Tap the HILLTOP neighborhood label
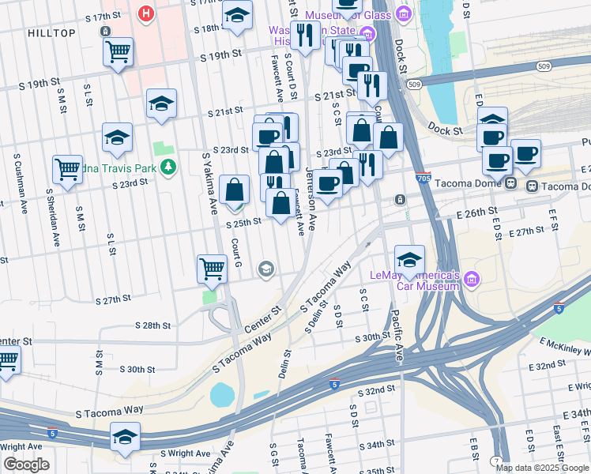tap(51, 32)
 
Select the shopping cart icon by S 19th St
tap(118, 53)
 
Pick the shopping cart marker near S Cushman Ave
tap(67, 168)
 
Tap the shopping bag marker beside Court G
tap(235, 190)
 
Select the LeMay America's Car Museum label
tap(416, 280)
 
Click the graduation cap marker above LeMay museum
tap(409, 259)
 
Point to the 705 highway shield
tap(423, 179)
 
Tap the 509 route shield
tap(413, 84)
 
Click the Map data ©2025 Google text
tap(542, 468)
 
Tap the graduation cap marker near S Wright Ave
tap(125, 436)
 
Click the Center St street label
tap(262, 321)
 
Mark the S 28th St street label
tap(152, 325)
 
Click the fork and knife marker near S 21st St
tap(371, 85)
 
